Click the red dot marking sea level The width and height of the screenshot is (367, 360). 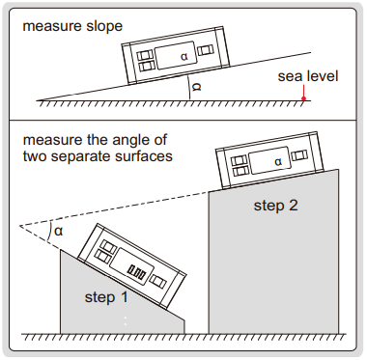303,98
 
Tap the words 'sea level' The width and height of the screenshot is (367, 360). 308,76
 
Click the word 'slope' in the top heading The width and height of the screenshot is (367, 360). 104,26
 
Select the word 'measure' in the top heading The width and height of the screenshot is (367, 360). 52,26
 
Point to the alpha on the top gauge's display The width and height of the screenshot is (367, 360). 183,57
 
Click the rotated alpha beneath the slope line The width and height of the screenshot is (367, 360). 196,87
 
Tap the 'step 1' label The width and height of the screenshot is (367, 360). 106,297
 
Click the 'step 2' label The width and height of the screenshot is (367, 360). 276,206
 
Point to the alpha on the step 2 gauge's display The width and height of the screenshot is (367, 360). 278,162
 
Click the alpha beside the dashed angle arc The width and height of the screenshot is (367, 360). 59,231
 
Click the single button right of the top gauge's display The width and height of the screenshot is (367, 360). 205,50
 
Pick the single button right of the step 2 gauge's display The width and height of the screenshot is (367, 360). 299,155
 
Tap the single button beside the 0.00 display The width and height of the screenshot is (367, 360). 159,281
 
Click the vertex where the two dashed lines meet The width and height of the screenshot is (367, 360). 20,226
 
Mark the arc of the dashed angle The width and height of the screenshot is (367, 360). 49,232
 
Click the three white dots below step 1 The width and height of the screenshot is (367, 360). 126,320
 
